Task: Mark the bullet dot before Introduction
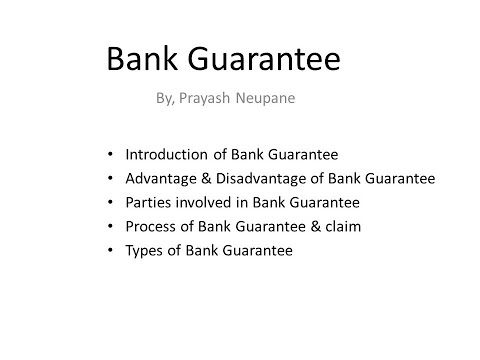pyautogui.click(x=109, y=156)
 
